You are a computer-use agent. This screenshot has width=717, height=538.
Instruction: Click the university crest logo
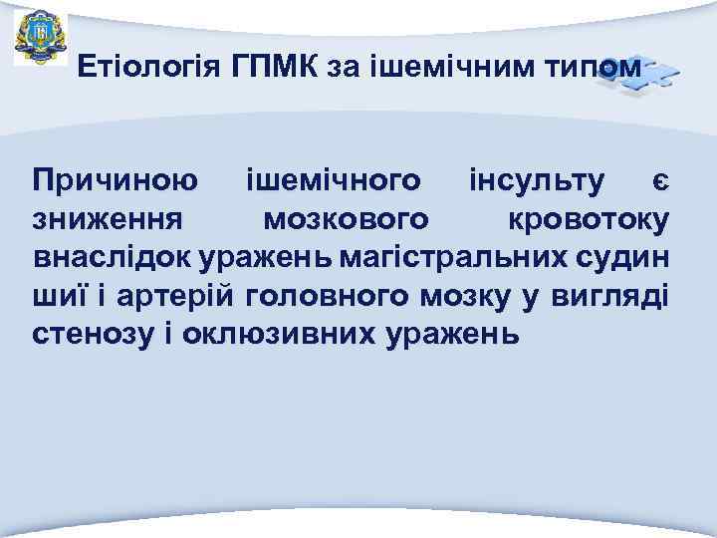pos(41,35)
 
